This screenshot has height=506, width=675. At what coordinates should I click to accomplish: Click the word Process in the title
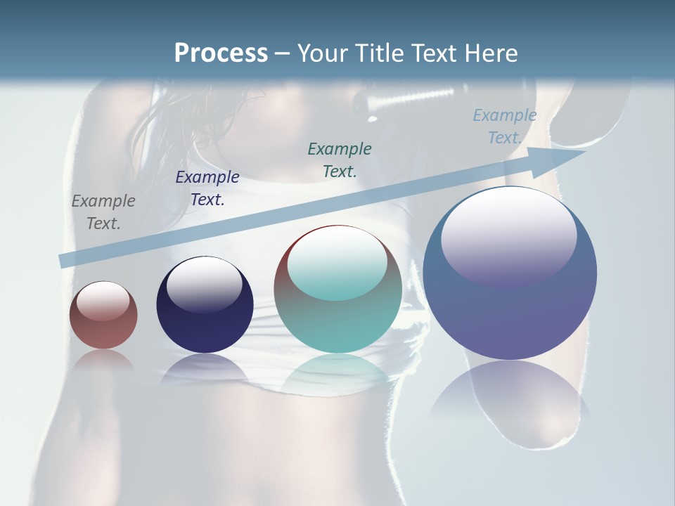[x=221, y=53]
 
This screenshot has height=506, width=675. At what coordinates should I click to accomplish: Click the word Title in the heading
[x=380, y=53]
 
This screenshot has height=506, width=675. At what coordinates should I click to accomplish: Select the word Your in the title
[x=323, y=53]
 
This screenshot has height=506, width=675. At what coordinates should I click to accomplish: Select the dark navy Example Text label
[x=207, y=188]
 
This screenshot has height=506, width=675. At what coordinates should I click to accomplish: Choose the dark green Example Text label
[x=340, y=160]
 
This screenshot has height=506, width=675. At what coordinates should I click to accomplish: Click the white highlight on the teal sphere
[x=337, y=264]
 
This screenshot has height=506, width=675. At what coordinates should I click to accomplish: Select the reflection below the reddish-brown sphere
[x=103, y=360]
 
